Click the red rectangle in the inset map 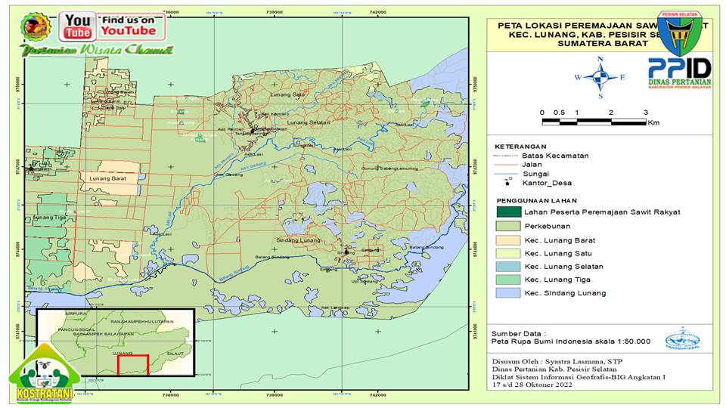click(132, 363)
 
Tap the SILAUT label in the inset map click(175, 353)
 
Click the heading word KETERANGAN click(520, 146)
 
